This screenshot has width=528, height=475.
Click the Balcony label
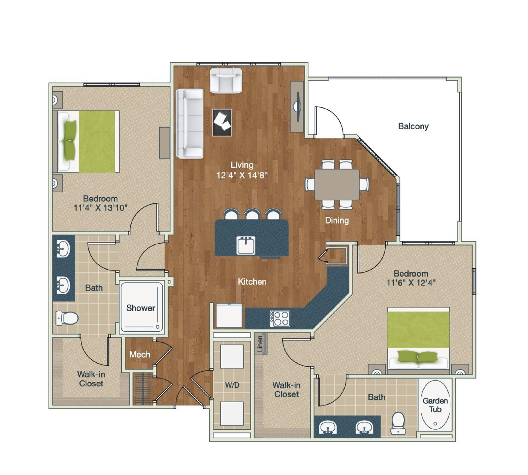pos(413,126)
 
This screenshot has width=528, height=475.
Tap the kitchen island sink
pos(246,245)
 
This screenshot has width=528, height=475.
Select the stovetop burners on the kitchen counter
pos(280,318)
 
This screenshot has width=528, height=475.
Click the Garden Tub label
pos(435,405)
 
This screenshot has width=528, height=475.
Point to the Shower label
pos(141,308)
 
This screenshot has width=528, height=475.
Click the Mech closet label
pos(140,354)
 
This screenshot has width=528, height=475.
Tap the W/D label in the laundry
pos(232,385)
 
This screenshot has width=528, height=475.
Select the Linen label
pos(260,344)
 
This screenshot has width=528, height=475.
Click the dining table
pos(337,184)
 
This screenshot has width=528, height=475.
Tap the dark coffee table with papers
pos(222,122)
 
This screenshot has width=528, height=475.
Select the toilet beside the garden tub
pos(398,423)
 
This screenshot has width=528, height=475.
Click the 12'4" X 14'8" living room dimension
pos(242,175)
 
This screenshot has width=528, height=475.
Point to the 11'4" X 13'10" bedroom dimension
pos(100,208)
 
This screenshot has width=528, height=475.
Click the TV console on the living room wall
pos(297,107)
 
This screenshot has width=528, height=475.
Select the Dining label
pos(337,220)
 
